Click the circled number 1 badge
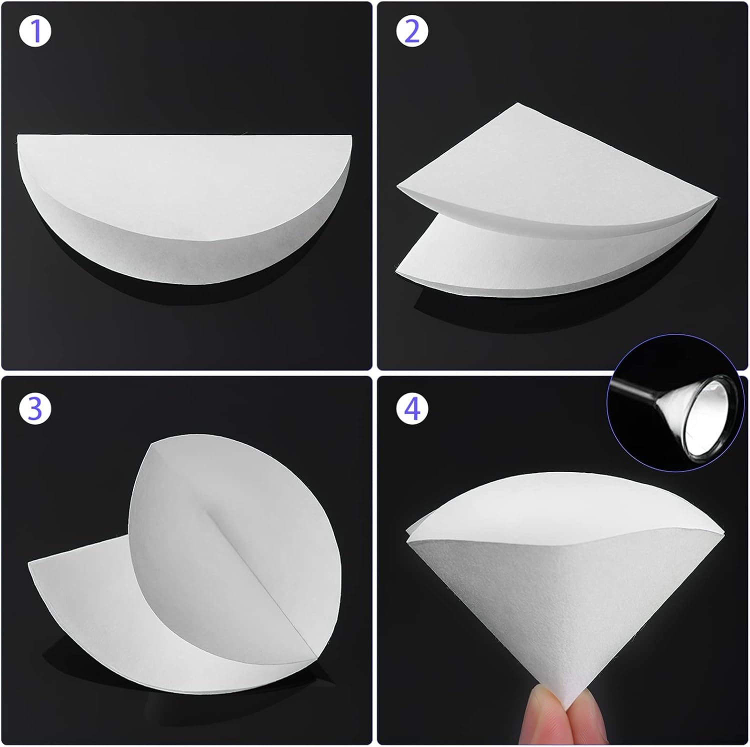(35, 31)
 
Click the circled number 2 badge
(412, 31)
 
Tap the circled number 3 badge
(35, 408)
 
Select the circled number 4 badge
(412, 408)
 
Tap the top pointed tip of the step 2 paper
(518, 105)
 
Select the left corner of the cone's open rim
(408, 532)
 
